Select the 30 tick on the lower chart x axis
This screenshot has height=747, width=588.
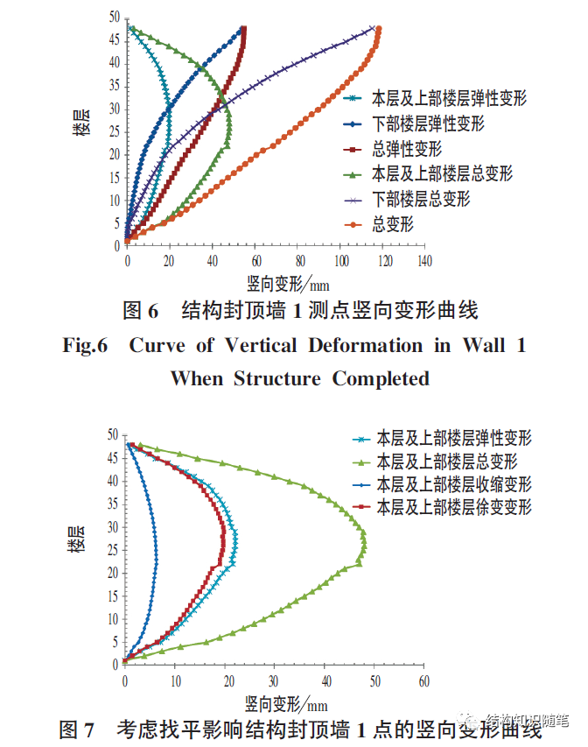pyautogui.click(x=274, y=680)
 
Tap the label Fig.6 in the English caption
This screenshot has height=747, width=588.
pyautogui.click(x=85, y=345)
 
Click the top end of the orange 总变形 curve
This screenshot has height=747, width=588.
pyautogui.click(x=378, y=29)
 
